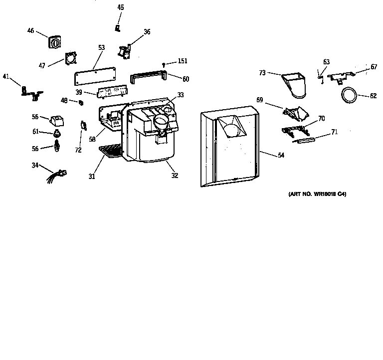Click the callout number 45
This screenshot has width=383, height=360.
(121, 7)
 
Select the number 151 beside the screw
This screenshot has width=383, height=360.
(183, 61)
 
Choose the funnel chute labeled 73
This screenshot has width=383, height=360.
(294, 85)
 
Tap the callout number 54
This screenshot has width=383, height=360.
(281, 156)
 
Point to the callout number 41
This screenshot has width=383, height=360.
(6, 76)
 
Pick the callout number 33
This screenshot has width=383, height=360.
(180, 95)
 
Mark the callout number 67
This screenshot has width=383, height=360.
(374, 67)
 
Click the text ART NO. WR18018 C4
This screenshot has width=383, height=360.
(317, 194)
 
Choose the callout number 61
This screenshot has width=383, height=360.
(35, 132)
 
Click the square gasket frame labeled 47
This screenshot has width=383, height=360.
(71, 58)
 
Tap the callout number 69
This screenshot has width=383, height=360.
(259, 100)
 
